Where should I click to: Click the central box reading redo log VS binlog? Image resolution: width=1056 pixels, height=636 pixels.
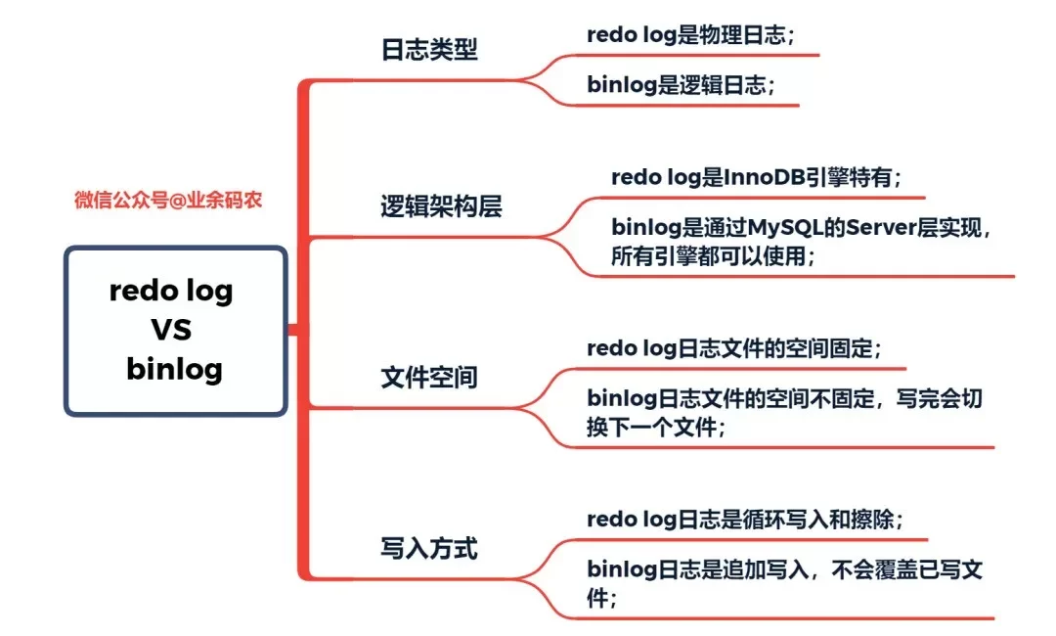(176, 331)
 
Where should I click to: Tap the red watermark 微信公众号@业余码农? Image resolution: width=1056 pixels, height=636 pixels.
(168, 201)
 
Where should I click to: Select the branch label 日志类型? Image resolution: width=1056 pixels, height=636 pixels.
(429, 50)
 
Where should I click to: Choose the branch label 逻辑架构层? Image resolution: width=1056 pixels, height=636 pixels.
(441, 206)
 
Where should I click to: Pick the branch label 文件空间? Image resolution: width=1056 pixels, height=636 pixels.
(429, 377)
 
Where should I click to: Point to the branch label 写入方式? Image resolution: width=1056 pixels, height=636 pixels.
(429, 548)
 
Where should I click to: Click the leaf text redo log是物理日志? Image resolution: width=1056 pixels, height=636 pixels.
(690, 35)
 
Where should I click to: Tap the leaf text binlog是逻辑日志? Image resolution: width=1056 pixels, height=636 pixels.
(681, 85)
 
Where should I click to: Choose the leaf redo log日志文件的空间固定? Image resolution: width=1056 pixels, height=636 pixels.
(733, 348)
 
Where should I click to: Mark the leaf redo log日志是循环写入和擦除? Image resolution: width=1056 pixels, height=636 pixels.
(744, 520)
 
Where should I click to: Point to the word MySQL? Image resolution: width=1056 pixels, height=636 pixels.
(788, 229)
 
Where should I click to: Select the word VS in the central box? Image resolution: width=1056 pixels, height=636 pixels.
(171, 330)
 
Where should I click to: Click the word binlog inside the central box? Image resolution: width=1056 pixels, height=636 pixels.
(175, 369)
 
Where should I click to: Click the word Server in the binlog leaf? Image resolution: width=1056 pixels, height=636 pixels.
(881, 229)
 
